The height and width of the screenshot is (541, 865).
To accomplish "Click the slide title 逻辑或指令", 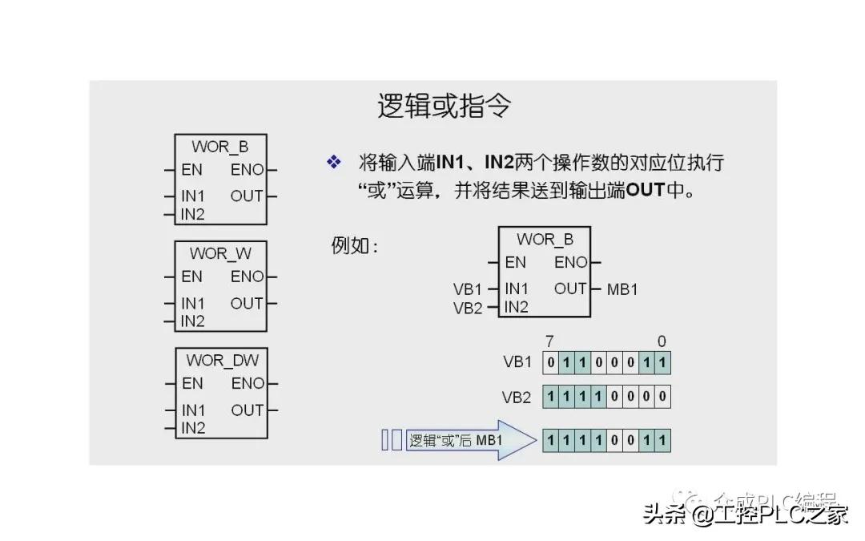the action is point(444,106).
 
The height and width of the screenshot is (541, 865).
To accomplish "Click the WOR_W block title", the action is point(220,253).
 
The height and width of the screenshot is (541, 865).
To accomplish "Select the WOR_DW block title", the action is point(222,360).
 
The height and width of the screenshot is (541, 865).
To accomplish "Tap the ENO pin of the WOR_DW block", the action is point(247,383).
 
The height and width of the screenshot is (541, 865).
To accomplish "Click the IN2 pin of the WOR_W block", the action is point(193,321).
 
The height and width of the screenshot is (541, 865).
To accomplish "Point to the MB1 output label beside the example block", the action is point(622,289).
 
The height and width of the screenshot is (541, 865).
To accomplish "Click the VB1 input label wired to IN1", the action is point(468,289).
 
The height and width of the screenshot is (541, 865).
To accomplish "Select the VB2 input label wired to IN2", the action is point(468,308).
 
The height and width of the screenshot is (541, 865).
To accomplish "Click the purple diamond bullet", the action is point(334,163).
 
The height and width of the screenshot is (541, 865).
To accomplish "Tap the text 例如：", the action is point(354,245).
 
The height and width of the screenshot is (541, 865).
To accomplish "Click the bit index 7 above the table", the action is point(549,341).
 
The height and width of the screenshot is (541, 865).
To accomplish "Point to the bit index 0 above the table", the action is point(662,341).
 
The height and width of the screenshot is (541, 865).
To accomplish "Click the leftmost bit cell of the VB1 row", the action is point(551,363).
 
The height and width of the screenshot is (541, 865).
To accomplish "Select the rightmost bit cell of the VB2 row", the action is point(662,397).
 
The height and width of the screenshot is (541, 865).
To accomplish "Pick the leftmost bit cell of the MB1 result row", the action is point(551,440).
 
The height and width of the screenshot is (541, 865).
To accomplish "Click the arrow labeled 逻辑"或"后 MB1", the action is point(465,440).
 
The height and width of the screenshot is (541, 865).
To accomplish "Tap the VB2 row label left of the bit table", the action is point(517,397).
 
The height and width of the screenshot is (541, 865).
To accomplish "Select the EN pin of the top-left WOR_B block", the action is point(192,170).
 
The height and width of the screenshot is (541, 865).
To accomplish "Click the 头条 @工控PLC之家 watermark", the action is point(745,514).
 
